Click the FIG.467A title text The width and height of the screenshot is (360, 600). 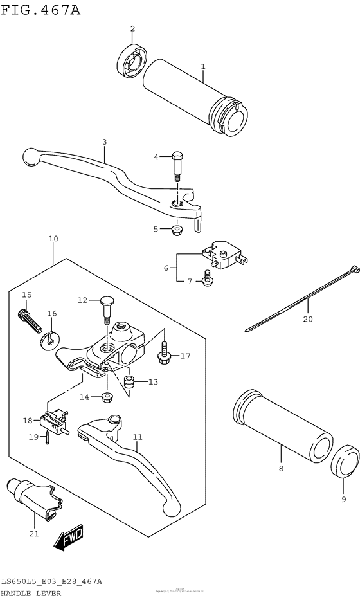(x=40, y=9)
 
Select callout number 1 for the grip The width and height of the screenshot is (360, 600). (x=203, y=66)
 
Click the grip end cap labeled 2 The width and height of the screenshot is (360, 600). (x=132, y=60)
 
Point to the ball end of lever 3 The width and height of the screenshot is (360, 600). (x=30, y=155)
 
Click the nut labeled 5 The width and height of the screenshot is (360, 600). (x=177, y=230)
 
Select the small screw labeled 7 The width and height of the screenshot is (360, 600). (x=207, y=278)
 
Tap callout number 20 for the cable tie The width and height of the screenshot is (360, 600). (x=307, y=318)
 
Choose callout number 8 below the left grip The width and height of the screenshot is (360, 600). (x=281, y=469)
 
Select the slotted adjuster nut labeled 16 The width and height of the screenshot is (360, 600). (x=48, y=339)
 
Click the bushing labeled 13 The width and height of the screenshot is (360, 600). (x=130, y=384)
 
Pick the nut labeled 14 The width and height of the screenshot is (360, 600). (x=107, y=397)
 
